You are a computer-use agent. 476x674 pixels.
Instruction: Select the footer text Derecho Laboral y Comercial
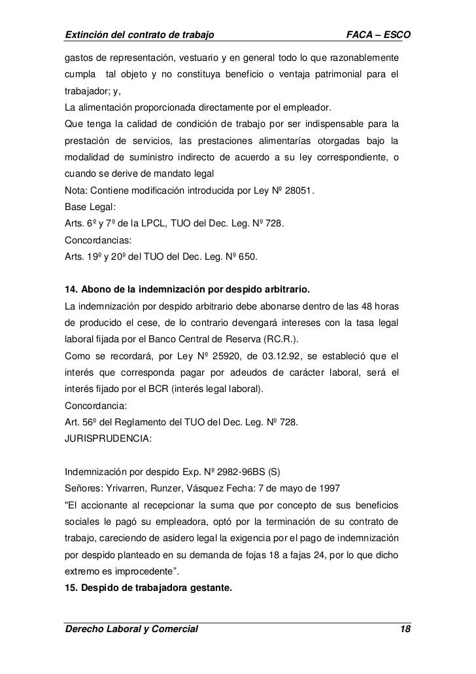(x=130, y=630)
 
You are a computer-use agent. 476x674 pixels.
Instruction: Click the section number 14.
(x=69, y=289)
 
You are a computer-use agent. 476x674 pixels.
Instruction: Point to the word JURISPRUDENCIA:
(x=107, y=442)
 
